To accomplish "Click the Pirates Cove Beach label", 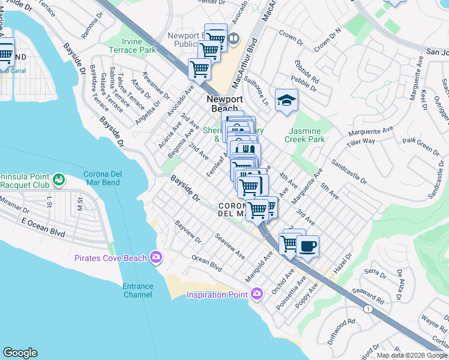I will pyautogui.click(x=110, y=258).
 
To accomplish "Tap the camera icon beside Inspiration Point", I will pyautogui.click(x=257, y=294).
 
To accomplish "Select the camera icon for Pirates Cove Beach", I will pyautogui.click(x=156, y=257).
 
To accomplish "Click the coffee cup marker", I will pyautogui.click(x=307, y=246).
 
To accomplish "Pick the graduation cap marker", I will pyautogui.click(x=287, y=100).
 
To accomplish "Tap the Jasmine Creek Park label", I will pyautogui.click(x=307, y=135).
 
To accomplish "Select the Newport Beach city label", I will pyautogui.click(x=224, y=104).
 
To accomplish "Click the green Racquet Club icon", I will pyautogui.click(x=59, y=179).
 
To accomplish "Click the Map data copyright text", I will pyautogui.click(x=411, y=355).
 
